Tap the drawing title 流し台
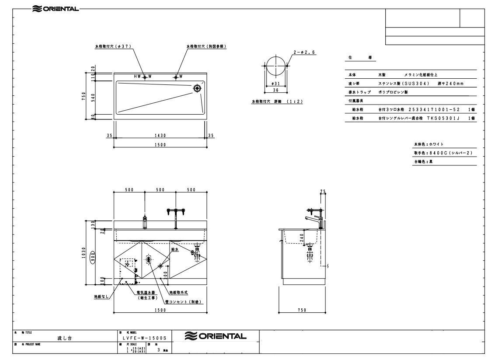tap(65, 338)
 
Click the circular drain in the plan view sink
tap(197, 88)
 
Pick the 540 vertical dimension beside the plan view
tap(93, 97)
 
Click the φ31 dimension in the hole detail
tap(274, 84)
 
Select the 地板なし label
tap(101, 296)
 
